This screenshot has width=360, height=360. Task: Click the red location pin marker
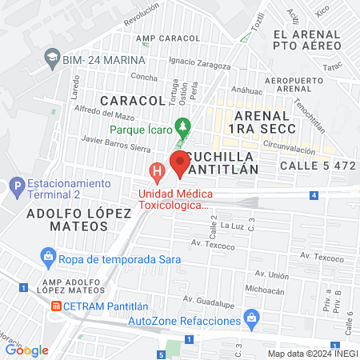point(181,162)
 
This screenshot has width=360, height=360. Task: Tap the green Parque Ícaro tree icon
point(184,126)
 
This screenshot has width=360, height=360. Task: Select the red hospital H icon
point(158,170)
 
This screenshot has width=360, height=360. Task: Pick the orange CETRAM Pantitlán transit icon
point(56,306)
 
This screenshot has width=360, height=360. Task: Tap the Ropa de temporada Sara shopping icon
point(50,256)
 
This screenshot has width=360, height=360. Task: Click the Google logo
point(26,350)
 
